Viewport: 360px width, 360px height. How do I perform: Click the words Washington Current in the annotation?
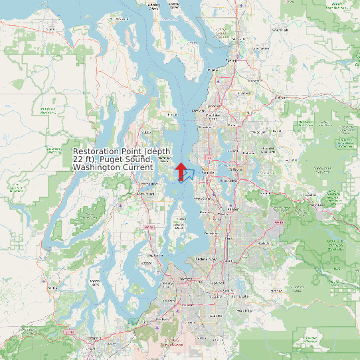pyautogui.click(x=114, y=167)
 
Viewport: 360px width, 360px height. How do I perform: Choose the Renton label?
pyautogui.click(x=232, y=210)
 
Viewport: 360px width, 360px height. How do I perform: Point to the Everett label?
pyautogui.click(x=231, y=60)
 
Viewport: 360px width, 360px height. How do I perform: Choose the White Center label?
pyautogui.click(x=203, y=198)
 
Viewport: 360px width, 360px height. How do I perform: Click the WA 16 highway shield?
pyautogui.click(x=149, y=228)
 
